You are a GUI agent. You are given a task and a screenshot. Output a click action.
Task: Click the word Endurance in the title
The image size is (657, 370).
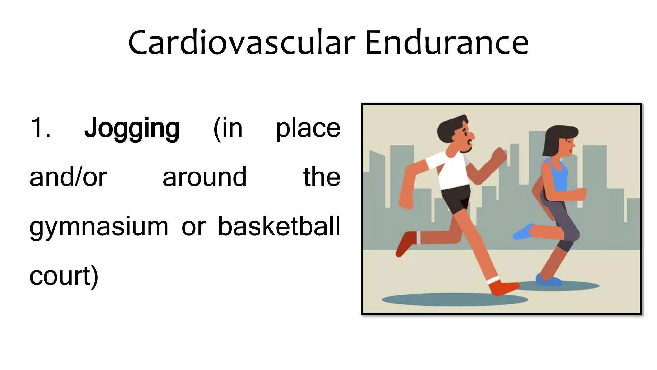(447, 43)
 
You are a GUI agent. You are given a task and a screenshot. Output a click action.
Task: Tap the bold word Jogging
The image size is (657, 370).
(132, 128)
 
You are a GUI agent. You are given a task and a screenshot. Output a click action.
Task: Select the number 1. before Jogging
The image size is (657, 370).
(40, 128)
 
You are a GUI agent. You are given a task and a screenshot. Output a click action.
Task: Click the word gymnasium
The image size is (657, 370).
(99, 227)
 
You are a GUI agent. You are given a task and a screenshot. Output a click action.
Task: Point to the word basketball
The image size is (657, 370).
(279, 226)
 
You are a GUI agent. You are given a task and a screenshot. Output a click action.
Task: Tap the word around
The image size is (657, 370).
(205, 177)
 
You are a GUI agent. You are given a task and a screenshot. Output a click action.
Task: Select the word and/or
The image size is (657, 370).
(68, 177)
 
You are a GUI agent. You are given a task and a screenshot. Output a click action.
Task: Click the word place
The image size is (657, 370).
(308, 128)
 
